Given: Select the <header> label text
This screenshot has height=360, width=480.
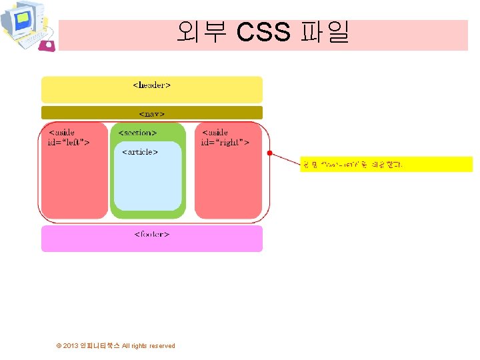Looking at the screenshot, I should [152, 85].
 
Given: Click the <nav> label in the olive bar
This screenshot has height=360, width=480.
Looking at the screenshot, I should [152, 113].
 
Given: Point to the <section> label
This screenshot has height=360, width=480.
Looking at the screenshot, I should [137, 133].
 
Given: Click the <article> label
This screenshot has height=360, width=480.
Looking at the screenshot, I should [140, 151].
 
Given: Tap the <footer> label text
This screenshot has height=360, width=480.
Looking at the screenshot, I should [152, 234].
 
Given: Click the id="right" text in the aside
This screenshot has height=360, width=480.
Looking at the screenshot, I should [226, 142].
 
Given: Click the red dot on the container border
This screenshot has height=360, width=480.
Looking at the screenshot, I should [269, 153].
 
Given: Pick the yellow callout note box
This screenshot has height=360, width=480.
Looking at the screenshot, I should [387, 164].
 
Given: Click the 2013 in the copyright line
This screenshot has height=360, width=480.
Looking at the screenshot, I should [71, 345].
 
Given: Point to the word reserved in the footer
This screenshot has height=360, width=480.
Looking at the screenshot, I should [162, 345].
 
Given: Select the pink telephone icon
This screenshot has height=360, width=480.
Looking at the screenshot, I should [47, 45].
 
